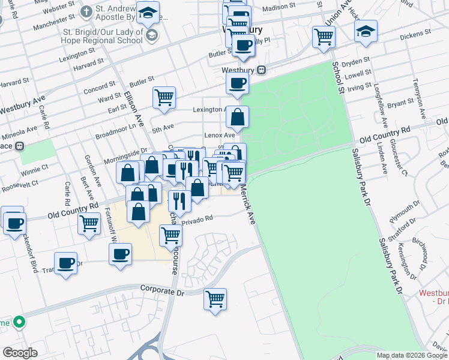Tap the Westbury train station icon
click(x=262, y=70)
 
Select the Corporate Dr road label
click(x=161, y=289)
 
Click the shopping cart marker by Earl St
click(x=164, y=97)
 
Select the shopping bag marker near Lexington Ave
click(x=238, y=117)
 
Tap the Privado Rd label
click(x=197, y=219)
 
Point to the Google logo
click(x=20, y=353)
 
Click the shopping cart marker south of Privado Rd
click(x=170, y=236)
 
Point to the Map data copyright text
click(x=411, y=355)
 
